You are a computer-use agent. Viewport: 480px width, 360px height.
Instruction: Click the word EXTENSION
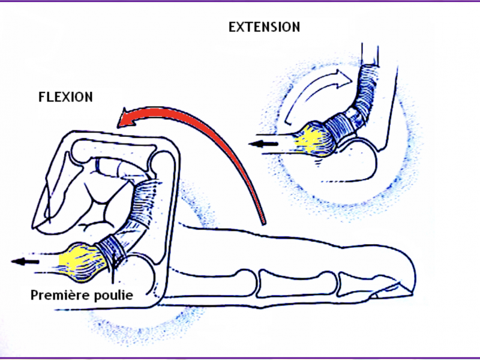point(265,27)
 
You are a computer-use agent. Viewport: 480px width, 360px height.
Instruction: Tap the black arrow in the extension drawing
point(265,143)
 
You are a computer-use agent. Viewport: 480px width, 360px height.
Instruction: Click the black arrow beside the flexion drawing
point(25,261)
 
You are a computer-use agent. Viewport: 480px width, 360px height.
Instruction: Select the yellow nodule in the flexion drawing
point(82,261)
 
